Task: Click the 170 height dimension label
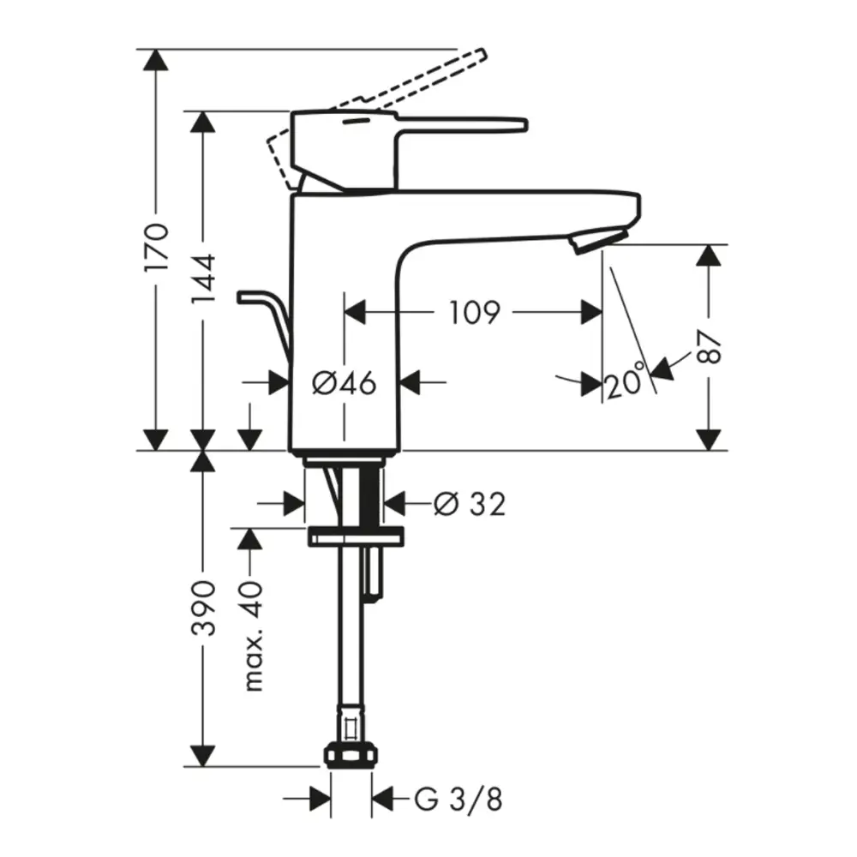[x=156, y=246]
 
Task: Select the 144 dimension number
[x=203, y=279]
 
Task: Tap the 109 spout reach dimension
[x=475, y=313]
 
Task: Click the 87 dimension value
[x=710, y=346]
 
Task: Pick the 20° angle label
[x=624, y=381]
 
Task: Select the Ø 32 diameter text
[x=470, y=503]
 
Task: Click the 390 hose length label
[x=203, y=608]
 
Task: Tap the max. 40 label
[x=253, y=637]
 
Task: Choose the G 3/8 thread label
[x=458, y=800]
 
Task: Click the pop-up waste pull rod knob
[x=245, y=297]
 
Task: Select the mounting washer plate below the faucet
[x=357, y=536]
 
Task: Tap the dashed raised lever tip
[x=480, y=55]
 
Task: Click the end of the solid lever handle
[x=524, y=125]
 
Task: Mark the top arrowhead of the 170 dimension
[x=156, y=60]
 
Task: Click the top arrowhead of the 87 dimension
[x=710, y=255]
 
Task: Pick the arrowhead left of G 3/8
[x=321, y=799]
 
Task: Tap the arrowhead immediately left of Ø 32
[x=293, y=503]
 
